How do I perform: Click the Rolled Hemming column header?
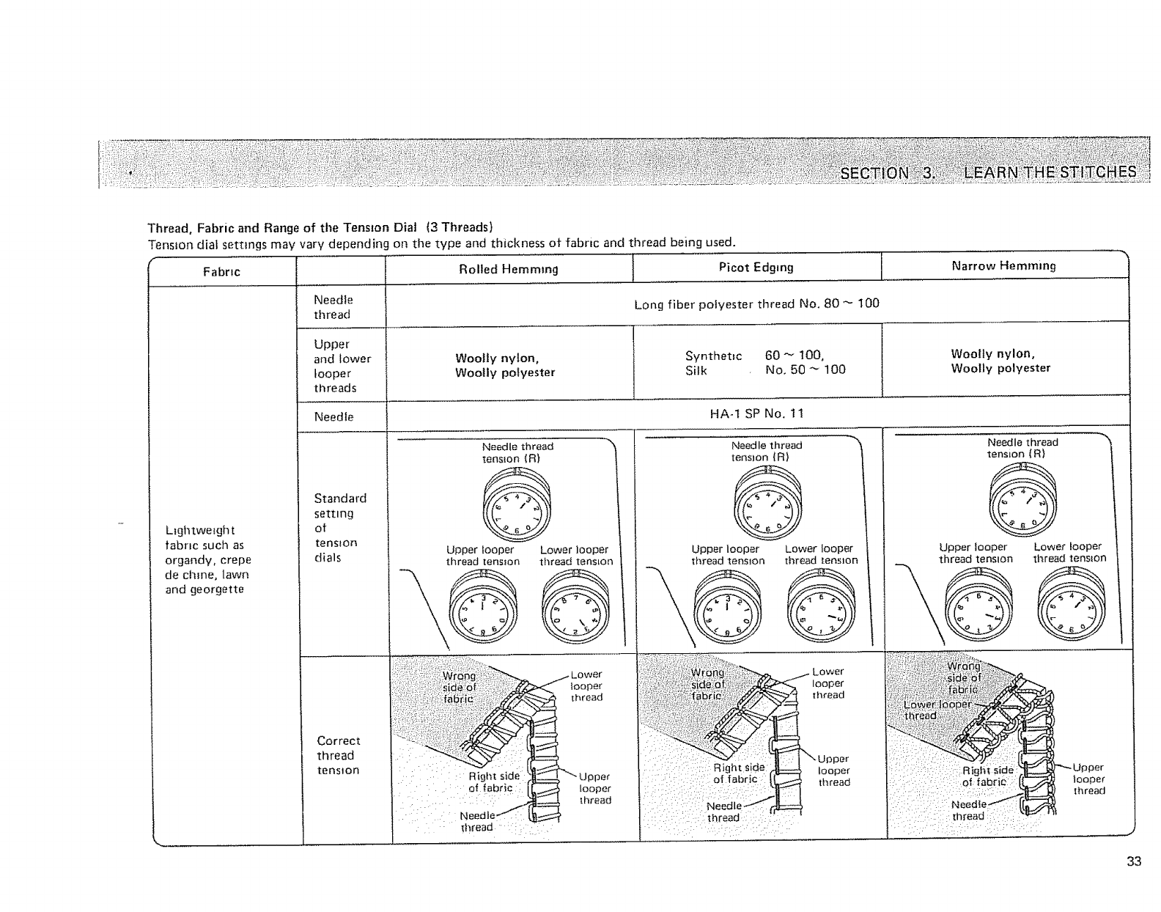508,269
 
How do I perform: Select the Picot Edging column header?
756,267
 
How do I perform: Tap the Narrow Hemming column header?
1003,266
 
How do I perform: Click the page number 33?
1133,861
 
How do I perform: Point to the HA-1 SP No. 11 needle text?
756,413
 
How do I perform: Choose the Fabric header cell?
221,272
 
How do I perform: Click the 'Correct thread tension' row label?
338,755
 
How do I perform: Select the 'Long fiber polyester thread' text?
756,304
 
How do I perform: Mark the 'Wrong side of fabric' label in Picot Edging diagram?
708,684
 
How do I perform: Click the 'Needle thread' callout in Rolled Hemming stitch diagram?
477,822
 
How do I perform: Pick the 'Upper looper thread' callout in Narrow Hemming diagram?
1088,779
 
